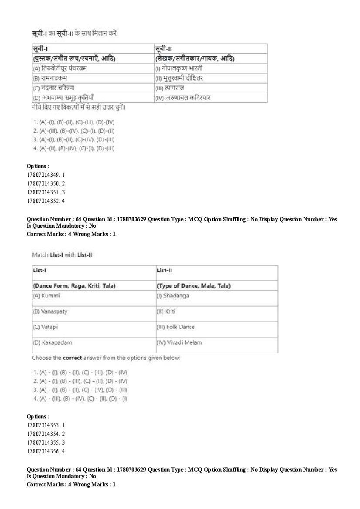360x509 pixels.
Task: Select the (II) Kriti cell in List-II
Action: pyautogui.click(x=166, y=311)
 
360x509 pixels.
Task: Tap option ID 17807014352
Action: pyautogui.click(x=46, y=201)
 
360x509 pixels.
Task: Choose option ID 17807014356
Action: pyautogui.click(x=46, y=451)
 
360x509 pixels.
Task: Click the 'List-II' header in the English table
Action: pyautogui.click(x=165, y=270)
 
